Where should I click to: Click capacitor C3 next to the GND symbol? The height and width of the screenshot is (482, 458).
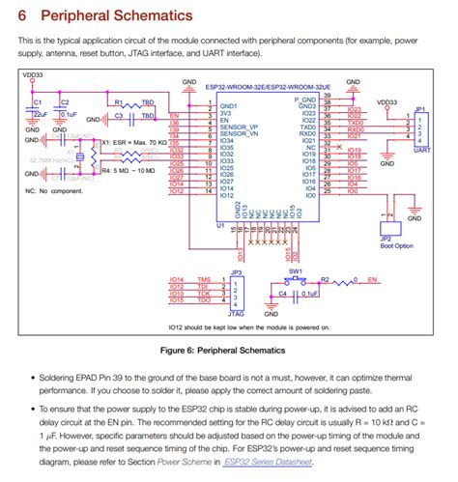124,116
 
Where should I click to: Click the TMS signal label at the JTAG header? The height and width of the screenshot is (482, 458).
203,279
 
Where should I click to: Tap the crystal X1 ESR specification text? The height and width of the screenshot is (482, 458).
134,142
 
